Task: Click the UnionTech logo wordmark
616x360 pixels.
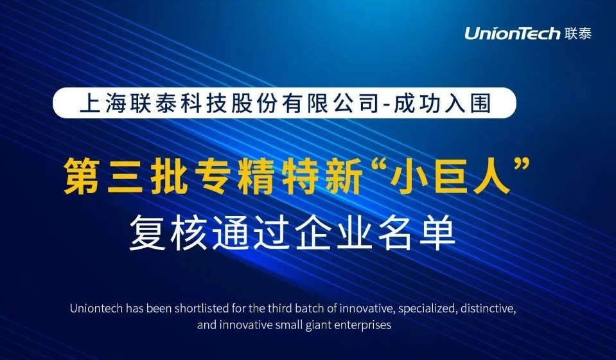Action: coord(513,33)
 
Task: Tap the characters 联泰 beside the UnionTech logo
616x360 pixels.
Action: coord(578,33)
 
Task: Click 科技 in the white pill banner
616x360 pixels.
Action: coord(203,104)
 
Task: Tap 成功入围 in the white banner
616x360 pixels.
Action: coord(442,104)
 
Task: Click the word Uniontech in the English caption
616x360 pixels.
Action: coord(96,309)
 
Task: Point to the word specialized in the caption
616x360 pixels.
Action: coord(427,309)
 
